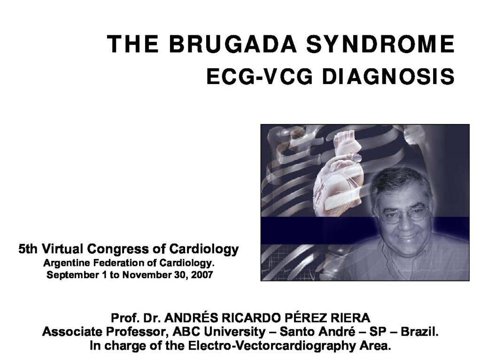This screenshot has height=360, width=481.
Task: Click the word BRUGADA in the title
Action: (233, 44)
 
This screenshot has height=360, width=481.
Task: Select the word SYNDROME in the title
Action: (380, 44)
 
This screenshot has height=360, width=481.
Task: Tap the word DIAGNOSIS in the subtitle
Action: (388, 77)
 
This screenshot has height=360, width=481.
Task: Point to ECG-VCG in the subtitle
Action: (259, 77)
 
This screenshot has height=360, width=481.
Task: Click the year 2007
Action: (202, 274)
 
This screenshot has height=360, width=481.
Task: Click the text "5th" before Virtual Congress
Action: (28, 249)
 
